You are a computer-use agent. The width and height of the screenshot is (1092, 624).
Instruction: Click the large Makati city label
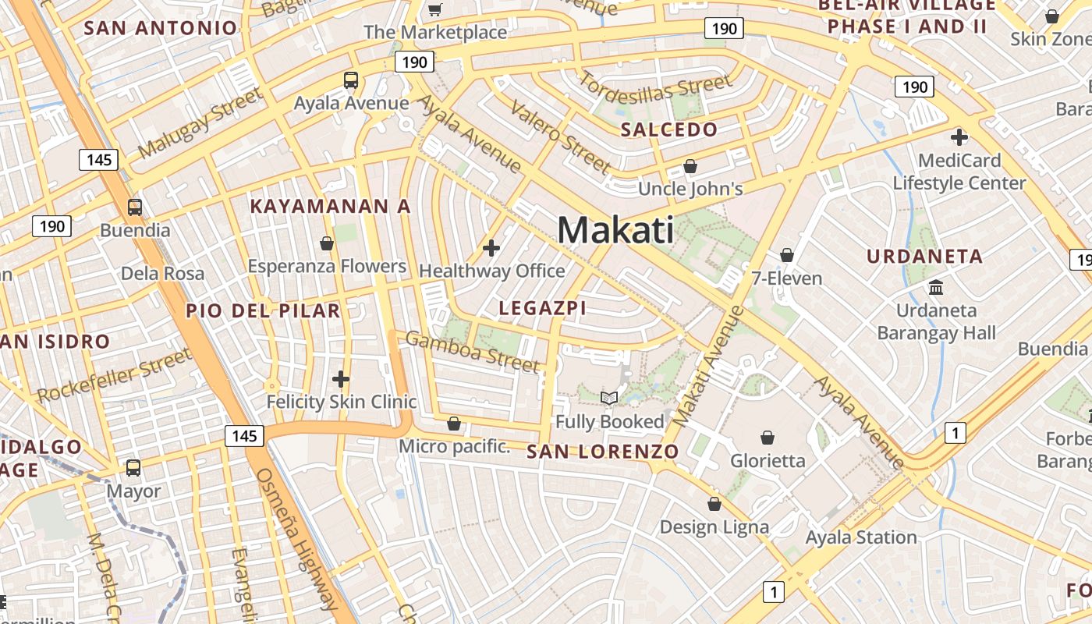click(x=616, y=230)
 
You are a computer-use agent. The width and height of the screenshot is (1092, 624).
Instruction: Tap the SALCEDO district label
click(x=668, y=130)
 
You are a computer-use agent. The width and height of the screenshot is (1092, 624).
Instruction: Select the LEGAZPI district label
click(x=542, y=308)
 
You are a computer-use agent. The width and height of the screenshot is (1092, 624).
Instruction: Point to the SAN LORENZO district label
click(x=602, y=452)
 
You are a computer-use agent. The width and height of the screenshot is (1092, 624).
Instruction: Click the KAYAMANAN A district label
click(x=330, y=207)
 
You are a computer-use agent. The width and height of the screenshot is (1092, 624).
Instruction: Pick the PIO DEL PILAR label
click(x=263, y=310)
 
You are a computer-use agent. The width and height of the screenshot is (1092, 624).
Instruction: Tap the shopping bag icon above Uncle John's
click(x=690, y=166)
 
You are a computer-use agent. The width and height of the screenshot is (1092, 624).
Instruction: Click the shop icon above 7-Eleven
click(x=787, y=255)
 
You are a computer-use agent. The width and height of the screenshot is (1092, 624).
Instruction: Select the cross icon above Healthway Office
click(x=491, y=249)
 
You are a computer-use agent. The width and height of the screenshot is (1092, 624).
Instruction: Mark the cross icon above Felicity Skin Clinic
click(x=341, y=380)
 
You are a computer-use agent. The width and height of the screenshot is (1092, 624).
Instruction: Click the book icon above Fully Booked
click(x=609, y=399)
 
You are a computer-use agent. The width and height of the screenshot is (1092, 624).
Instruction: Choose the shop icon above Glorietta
click(x=768, y=438)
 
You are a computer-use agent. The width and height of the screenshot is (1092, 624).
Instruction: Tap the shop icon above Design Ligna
click(x=714, y=504)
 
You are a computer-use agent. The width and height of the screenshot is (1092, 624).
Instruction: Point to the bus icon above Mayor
click(x=133, y=468)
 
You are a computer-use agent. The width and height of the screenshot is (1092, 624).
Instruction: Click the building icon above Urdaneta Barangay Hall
click(x=936, y=287)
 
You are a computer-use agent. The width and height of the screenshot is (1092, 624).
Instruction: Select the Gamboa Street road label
click(x=473, y=352)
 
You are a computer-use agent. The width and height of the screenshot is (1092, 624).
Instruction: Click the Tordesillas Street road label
click(x=655, y=93)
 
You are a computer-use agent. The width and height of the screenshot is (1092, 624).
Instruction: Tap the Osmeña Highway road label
click(x=297, y=538)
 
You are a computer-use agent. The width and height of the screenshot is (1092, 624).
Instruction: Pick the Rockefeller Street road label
click(x=114, y=376)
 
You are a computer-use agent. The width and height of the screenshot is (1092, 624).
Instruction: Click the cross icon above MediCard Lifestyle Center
click(x=959, y=138)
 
